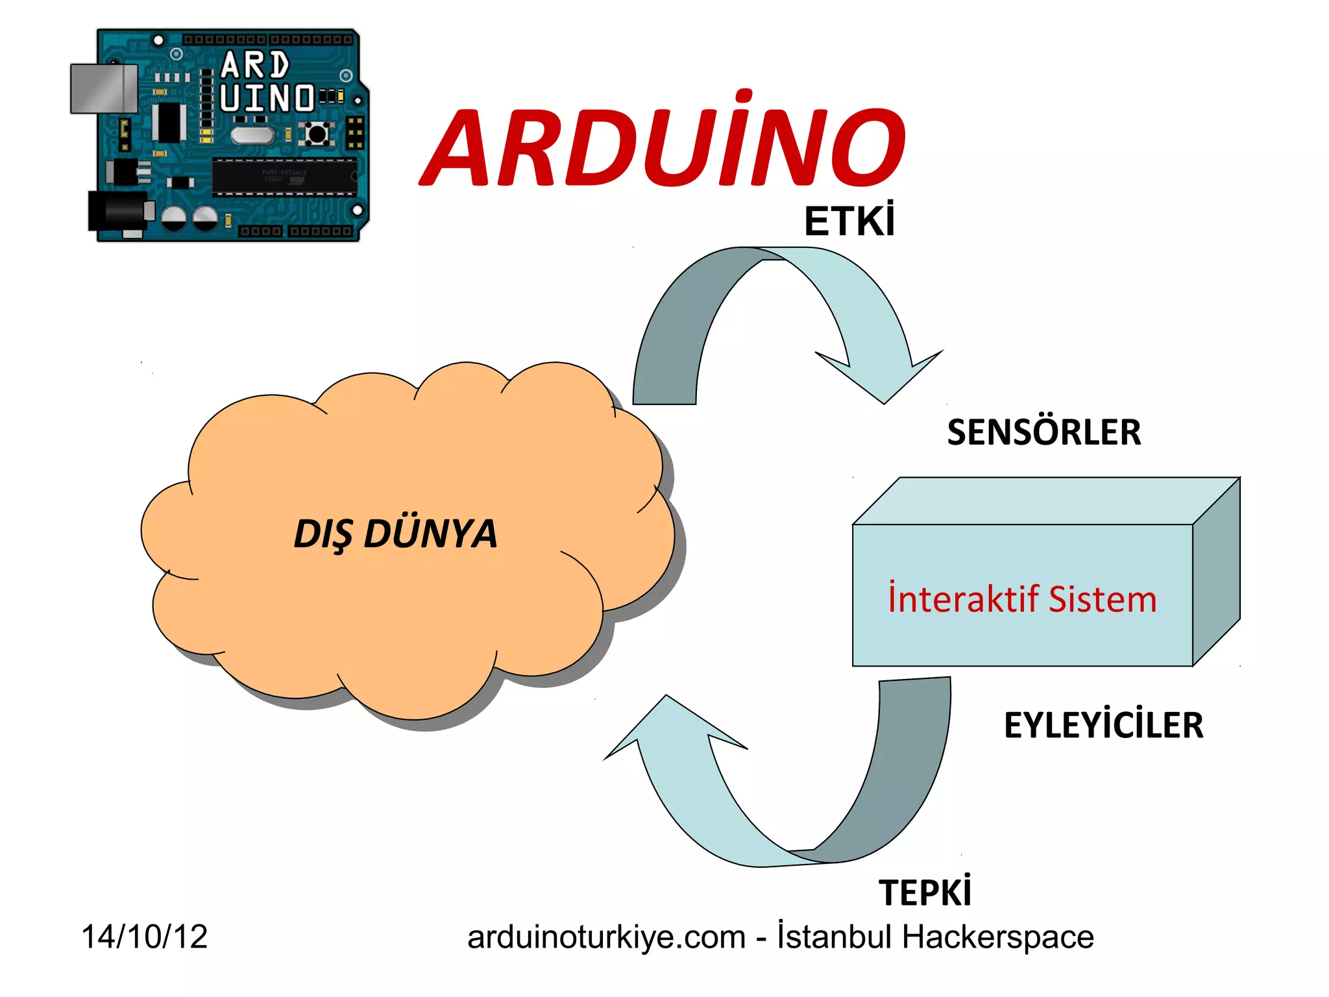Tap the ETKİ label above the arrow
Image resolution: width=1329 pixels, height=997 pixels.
point(849,221)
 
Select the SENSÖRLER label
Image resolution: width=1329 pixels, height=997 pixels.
point(1043,432)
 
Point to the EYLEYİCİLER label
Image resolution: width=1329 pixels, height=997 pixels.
point(1103,725)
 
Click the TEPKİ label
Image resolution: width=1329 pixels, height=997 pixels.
point(925,892)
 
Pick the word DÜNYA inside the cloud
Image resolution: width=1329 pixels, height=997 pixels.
point(430,534)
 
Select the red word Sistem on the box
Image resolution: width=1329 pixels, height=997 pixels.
point(1103,599)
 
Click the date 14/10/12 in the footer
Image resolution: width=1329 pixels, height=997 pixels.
point(144,937)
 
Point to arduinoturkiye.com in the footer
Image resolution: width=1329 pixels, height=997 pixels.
point(606,937)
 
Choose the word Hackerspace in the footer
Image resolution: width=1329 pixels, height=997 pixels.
point(997,937)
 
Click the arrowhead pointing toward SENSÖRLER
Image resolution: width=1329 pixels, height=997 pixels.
point(883,376)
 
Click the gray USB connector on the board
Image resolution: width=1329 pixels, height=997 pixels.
point(104,88)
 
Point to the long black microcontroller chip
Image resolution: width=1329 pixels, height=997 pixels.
point(284,176)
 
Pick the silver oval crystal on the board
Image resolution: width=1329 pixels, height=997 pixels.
point(252,135)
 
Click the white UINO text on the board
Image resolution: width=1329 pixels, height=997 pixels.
point(267,99)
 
